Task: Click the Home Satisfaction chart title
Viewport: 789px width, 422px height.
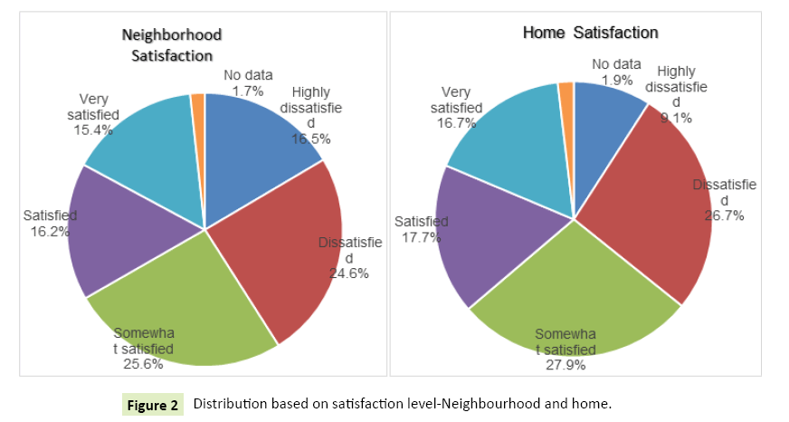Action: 590,33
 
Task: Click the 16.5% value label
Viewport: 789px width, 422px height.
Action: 310,139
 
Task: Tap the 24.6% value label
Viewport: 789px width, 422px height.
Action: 348,273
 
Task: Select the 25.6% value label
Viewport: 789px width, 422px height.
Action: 144,364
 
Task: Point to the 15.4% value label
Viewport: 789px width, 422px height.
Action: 93,129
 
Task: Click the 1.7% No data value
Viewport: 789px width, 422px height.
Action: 248,91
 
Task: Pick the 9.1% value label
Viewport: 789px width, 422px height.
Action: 675,118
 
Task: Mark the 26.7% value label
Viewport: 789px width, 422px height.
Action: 724,216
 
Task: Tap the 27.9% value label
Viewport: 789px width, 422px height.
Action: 566,366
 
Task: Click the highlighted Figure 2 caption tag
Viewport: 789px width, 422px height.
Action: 152,404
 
